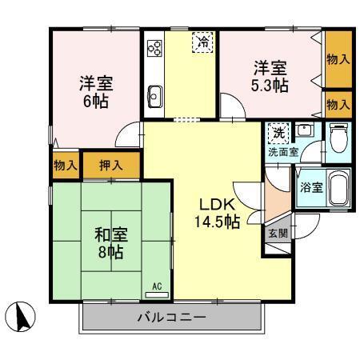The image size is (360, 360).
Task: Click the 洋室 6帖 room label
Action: (94, 92)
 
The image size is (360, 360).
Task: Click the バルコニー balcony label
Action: (172, 318)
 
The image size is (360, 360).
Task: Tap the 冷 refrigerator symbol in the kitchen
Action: (204, 42)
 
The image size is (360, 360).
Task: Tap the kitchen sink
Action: (154, 100)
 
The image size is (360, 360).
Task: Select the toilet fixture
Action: (337, 139)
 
